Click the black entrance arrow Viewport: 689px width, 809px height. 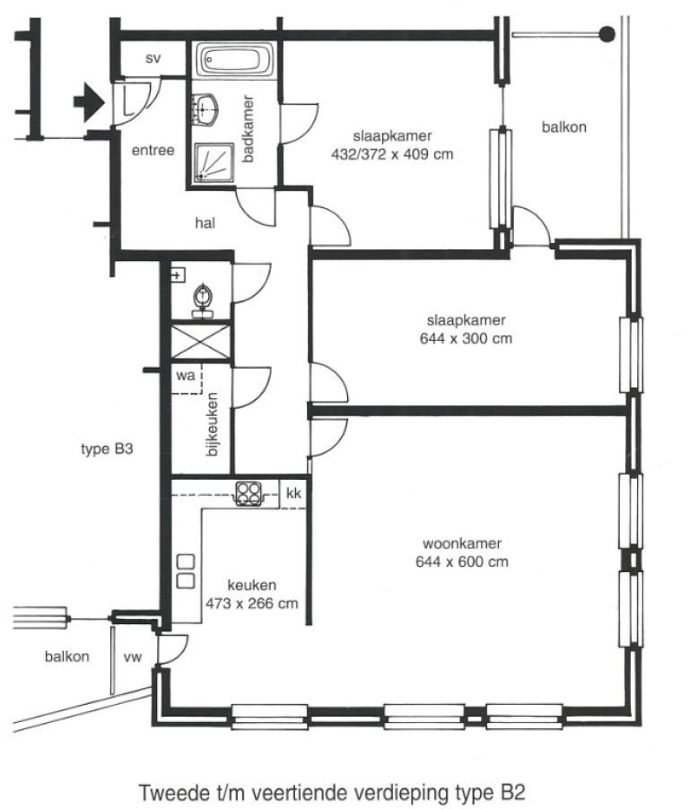point(88,101)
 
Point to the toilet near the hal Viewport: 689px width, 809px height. point(205,297)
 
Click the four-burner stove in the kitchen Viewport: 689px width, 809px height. point(249,492)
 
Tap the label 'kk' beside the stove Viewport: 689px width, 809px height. point(293,493)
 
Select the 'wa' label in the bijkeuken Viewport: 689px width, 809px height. point(186,376)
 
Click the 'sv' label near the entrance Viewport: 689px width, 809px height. point(153,58)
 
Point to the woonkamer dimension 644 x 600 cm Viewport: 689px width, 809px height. point(462,562)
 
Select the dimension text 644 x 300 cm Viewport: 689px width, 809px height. point(466,339)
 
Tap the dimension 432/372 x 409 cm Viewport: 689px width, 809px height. point(392,153)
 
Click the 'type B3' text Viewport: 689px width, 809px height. point(107,449)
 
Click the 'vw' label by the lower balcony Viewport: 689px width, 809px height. point(133,657)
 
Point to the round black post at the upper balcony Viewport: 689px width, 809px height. point(606,34)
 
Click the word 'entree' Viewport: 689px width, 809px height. point(153,151)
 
